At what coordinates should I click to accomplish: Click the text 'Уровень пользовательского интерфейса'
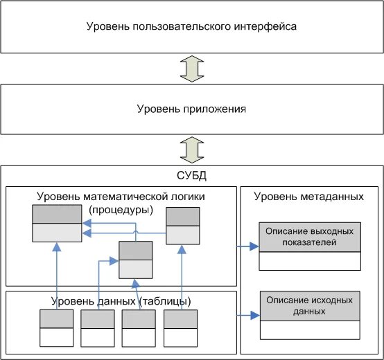coord(192,27)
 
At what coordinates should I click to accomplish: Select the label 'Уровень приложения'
coord(192,109)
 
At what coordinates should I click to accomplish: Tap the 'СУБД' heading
coord(192,176)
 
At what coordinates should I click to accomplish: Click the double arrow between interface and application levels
coord(192,69)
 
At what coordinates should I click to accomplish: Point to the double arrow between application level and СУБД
coord(192,150)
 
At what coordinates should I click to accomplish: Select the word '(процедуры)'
coord(122,209)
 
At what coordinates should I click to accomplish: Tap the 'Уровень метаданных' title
coord(309,197)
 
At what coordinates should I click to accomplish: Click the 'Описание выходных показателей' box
coord(310,246)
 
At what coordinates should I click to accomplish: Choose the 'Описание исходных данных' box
coord(310,316)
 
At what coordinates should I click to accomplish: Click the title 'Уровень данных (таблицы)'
coord(122,300)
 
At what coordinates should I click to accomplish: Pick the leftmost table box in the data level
coord(56,328)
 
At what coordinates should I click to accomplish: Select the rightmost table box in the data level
coord(181,328)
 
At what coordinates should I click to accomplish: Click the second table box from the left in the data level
coord(98,328)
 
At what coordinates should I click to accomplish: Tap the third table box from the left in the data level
coord(139,328)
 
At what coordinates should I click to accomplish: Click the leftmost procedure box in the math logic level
coord(56,224)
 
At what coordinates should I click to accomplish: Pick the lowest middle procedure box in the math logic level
coord(135,260)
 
